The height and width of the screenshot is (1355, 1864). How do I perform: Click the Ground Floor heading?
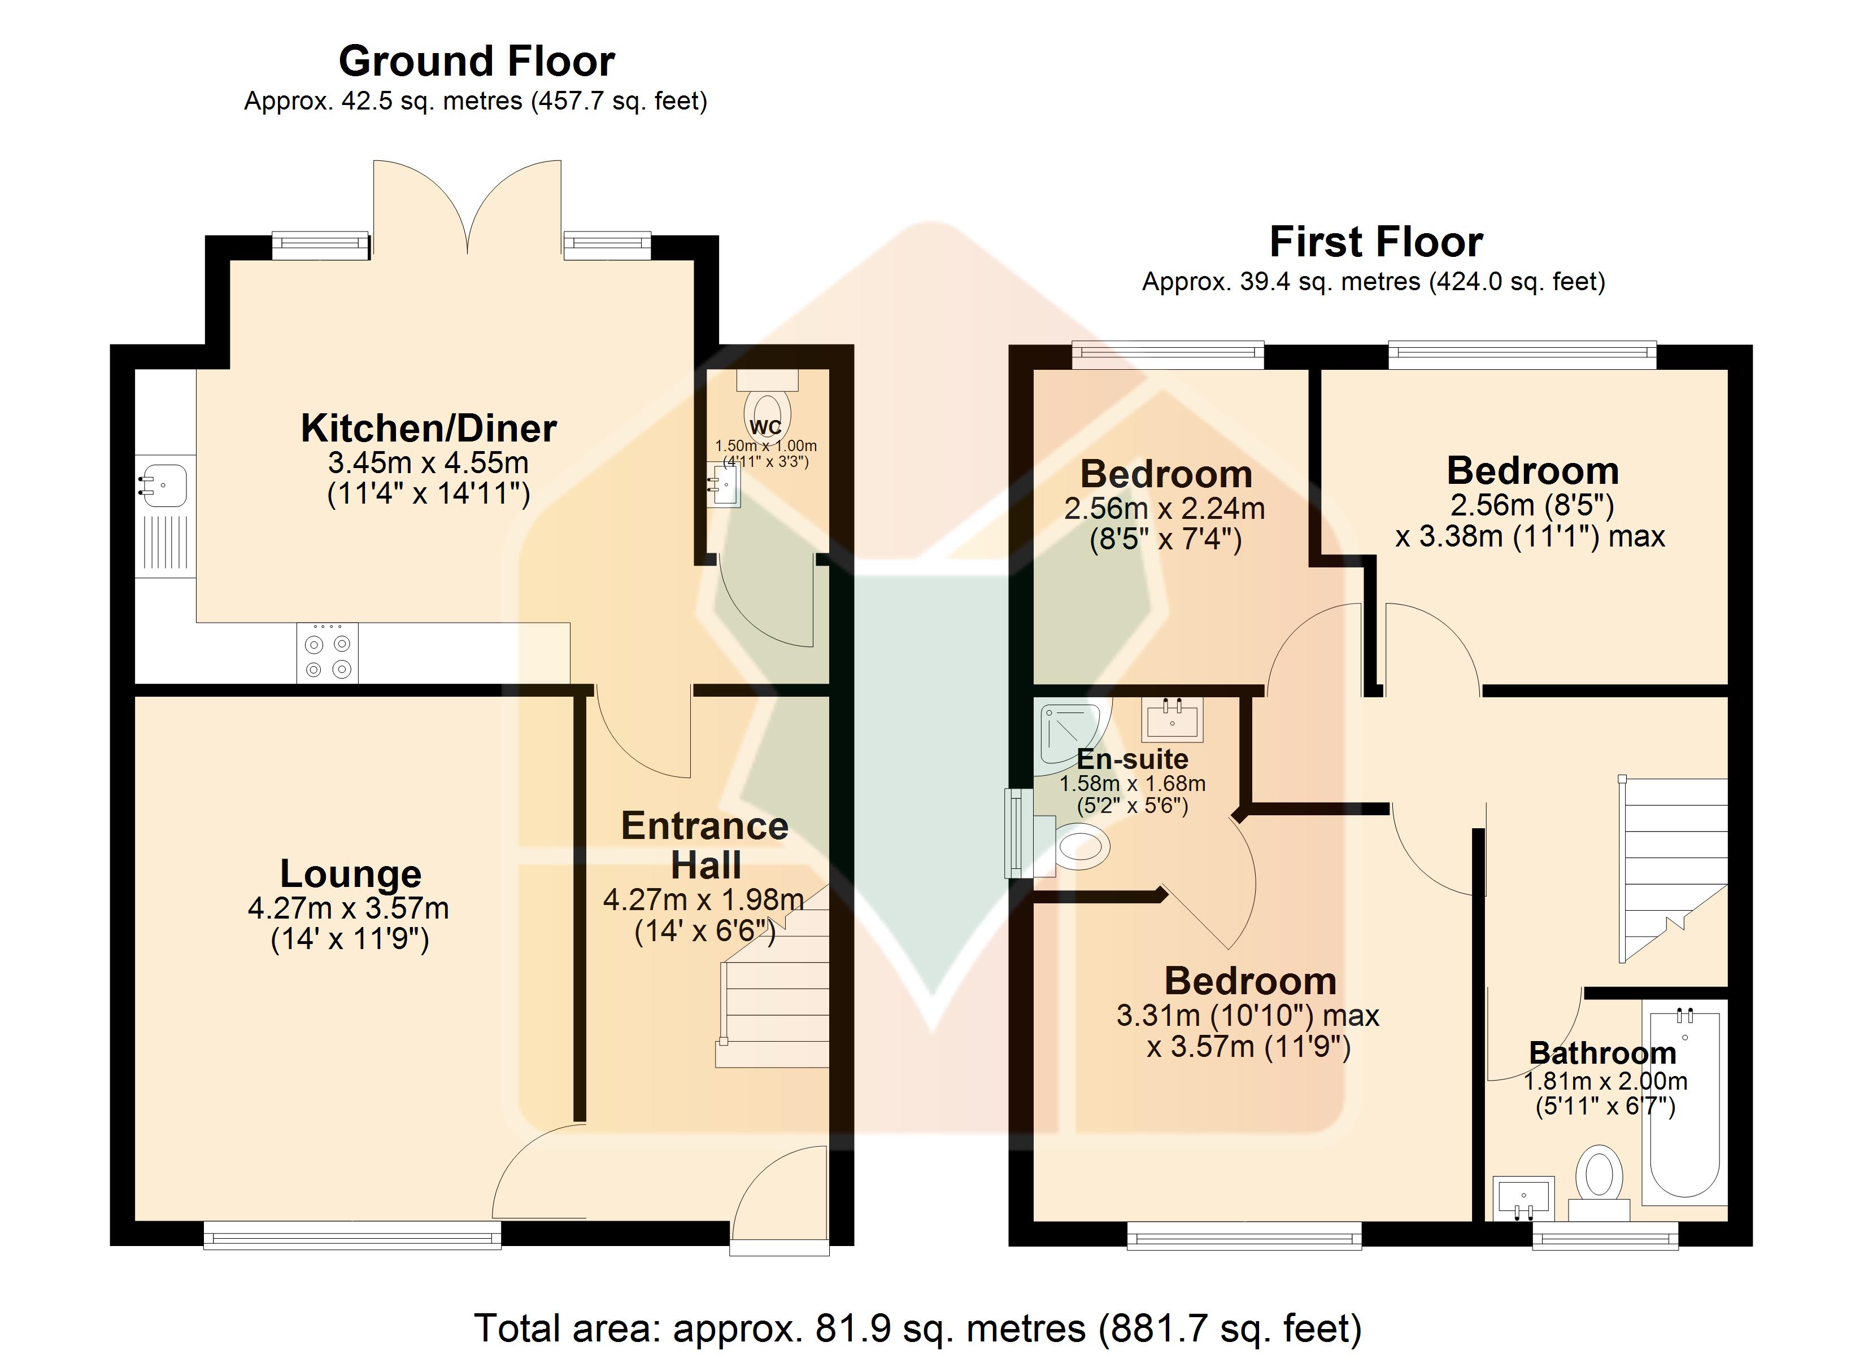pyautogui.click(x=477, y=61)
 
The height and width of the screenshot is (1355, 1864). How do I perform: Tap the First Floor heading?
pyautogui.click(x=1376, y=242)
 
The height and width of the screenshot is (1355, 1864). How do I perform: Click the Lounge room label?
pyautogui.click(x=350, y=873)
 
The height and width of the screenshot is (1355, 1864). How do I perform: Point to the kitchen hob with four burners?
pyautogui.click(x=327, y=653)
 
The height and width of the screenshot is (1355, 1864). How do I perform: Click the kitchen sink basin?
pyautogui.click(x=164, y=485)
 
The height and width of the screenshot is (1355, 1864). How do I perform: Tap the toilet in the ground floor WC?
pyautogui.click(x=767, y=403)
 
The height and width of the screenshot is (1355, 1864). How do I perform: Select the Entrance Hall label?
pyautogui.click(x=705, y=845)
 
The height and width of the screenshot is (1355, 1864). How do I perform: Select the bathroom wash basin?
pyautogui.click(x=1523, y=1198)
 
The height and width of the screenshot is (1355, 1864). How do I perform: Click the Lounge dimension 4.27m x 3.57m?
pyautogui.click(x=349, y=908)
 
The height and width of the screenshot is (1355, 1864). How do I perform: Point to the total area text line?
pyautogui.click(x=918, y=1328)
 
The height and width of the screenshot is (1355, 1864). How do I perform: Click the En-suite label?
pyautogui.click(x=1133, y=758)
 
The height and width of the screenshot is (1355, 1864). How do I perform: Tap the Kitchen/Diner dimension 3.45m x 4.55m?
pyautogui.click(x=428, y=462)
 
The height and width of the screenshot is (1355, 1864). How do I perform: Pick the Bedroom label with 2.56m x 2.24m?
pyautogui.click(x=1166, y=474)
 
